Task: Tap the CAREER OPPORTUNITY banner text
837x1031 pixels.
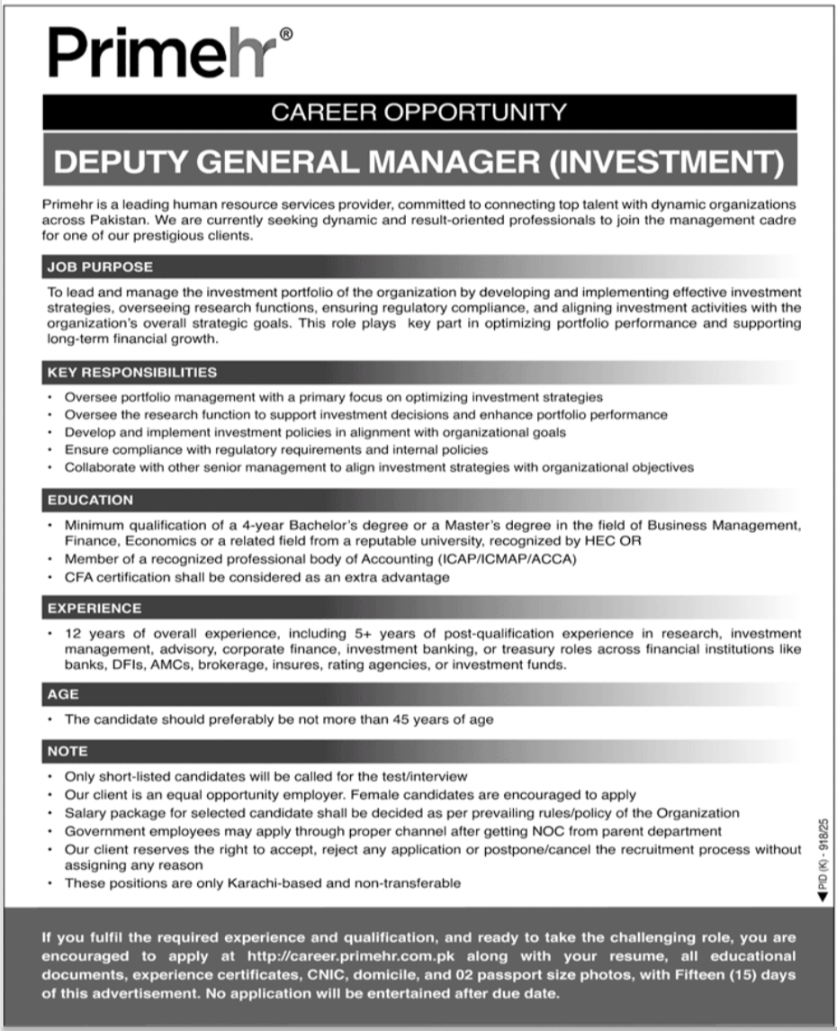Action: pos(418,113)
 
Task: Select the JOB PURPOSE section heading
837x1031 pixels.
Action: pos(100,267)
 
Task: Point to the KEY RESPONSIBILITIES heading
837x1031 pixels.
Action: pos(131,371)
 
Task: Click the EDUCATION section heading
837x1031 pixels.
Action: pos(90,500)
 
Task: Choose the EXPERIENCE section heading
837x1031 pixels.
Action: pos(94,609)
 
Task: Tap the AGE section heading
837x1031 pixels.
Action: pos(63,694)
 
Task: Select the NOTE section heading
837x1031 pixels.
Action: pos(68,750)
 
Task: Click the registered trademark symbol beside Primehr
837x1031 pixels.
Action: pos(285,34)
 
